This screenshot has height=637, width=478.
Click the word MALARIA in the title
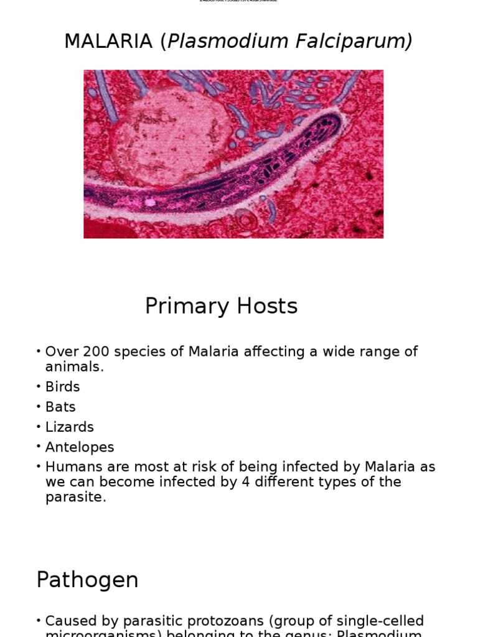[108, 42]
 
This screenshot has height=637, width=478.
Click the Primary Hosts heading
[221, 306]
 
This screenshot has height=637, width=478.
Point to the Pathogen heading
[87, 580]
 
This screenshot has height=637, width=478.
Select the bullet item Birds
[62, 387]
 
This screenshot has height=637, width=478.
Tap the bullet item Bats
[60, 407]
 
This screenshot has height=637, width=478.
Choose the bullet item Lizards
[69, 427]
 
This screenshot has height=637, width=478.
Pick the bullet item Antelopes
[80, 447]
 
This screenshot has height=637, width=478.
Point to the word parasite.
[75, 498]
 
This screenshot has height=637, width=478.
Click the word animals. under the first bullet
[74, 366]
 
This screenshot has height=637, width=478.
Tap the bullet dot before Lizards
[39, 427]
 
